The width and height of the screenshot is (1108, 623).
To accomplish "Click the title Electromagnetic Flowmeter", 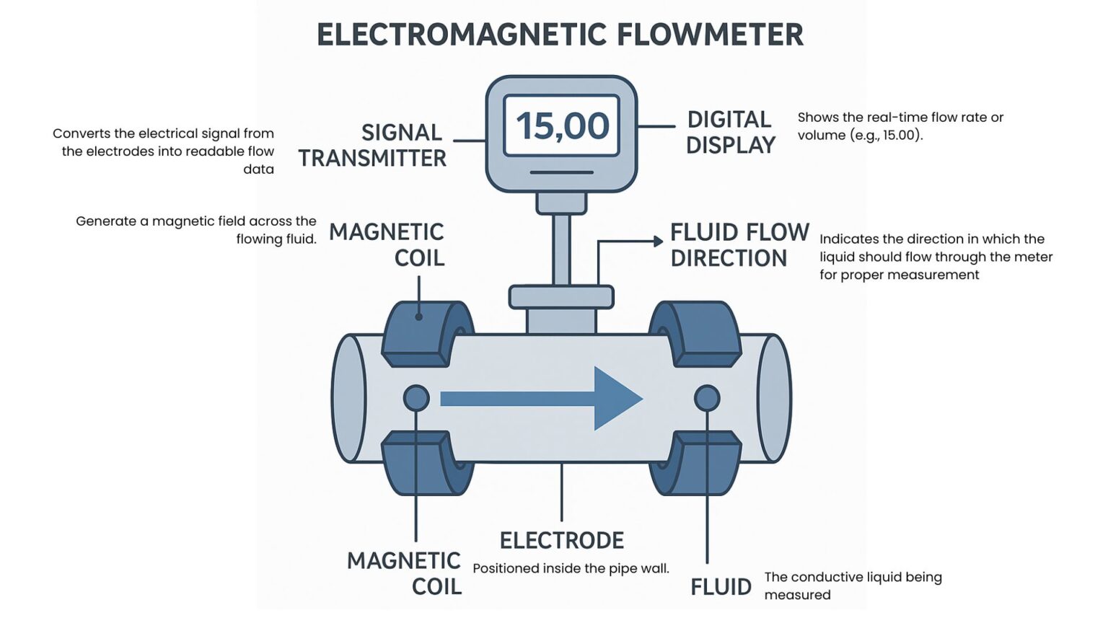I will point(560,35).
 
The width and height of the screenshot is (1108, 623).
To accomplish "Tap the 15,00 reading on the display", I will point(562,126).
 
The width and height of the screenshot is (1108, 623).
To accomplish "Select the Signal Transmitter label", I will point(373,145).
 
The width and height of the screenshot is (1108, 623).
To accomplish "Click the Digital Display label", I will point(730,132).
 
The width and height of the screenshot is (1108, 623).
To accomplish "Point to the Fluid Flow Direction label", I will point(739,245).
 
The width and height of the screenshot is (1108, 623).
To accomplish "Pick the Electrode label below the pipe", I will point(562,540).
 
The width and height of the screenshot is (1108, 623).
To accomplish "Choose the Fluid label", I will point(721,587).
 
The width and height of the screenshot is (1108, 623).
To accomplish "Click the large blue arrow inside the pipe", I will point(541,398).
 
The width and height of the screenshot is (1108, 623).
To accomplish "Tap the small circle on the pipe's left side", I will point(416,398).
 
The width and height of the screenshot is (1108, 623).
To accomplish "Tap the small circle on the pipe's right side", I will point(707,398).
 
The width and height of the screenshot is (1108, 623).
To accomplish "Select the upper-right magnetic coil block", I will point(696,333).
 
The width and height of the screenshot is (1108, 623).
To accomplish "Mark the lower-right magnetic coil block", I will point(696,463).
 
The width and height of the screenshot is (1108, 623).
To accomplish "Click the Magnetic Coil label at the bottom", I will point(405,573).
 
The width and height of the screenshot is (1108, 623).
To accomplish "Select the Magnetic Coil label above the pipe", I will point(387,244).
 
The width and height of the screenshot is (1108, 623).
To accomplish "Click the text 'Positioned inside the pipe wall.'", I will point(571,568).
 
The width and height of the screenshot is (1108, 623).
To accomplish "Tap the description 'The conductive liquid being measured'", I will point(853,586).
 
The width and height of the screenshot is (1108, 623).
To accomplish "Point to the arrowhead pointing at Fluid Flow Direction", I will point(658,242).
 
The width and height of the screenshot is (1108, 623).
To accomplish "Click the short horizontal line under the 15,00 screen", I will point(561,172).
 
